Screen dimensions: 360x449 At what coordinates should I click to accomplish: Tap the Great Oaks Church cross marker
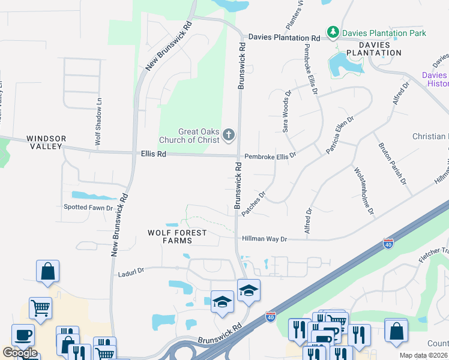pos(228,136)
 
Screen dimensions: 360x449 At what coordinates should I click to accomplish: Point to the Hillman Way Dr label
pos(265,239)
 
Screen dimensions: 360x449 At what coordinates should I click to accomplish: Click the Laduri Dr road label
pos(131,271)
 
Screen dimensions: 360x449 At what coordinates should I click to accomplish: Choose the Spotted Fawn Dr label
pos(88,208)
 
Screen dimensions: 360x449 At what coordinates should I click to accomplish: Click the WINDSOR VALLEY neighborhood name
pos(46,142)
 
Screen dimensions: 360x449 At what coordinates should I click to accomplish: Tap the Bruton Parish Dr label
pos(392,163)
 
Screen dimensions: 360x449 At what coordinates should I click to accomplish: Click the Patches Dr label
pos(253,204)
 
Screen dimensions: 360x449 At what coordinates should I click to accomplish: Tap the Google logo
pos(20,353)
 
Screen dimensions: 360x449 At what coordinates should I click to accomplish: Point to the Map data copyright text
pos(423,356)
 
